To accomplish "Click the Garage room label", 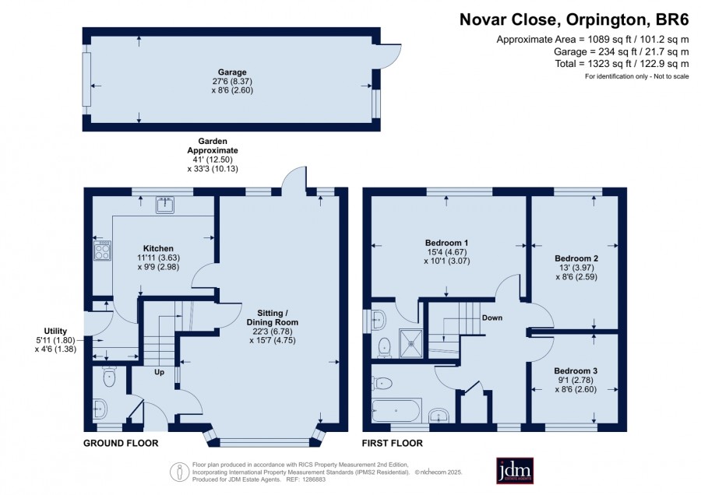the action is click(232, 72).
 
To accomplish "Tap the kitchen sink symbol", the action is click(165, 205).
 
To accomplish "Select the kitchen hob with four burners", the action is click(102, 251).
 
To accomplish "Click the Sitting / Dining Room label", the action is click(273, 318).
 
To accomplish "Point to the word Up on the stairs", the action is click(159, 372).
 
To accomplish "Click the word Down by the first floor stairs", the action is click(492, 318).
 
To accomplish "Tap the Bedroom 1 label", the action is click(446, 243).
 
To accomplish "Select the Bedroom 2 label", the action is click(576, 258).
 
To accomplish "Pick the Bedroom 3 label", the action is click(576, 370).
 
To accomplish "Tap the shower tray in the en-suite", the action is click(411, 343).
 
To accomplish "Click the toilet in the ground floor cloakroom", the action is click(109, 377).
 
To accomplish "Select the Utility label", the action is click(55, 331).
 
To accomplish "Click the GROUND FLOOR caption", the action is click(121, 443).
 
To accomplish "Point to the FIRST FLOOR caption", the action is click(392, 443).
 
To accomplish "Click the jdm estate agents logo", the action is click(515, 470).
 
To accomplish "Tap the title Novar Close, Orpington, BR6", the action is click(574, 19).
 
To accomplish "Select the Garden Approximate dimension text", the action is click(213, 155).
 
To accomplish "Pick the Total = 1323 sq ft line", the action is click(622, 64).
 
